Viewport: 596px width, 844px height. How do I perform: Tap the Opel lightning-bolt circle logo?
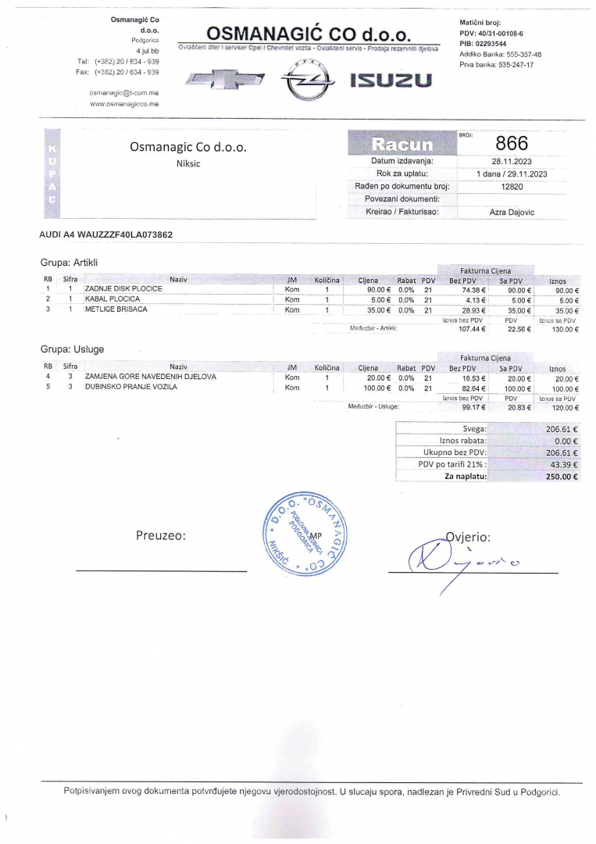coord(300,80)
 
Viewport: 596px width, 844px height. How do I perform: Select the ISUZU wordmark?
coord(390,81)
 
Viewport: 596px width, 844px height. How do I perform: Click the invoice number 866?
coord(512,143)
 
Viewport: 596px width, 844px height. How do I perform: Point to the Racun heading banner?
coord(402,144)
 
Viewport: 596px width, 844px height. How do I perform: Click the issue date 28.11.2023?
coord(512,161)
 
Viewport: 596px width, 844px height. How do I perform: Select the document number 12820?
coord(512,187)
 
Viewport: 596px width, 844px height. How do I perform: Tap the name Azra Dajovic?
coord(512,213)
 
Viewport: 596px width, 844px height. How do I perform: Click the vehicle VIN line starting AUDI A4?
coord(106,234)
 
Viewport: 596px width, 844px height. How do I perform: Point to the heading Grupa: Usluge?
coord(72,349)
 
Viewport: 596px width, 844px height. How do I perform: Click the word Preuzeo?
coord(160,535)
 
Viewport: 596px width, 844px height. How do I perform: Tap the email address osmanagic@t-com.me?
coord(124,92)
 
